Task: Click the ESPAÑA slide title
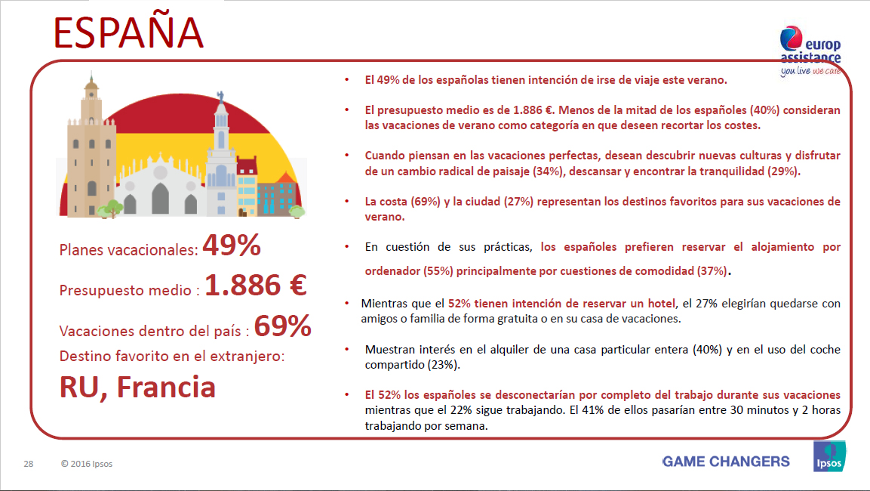pyautogui.click(x=129, y=34)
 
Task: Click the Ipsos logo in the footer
pyautogui.click(x=828, y=457)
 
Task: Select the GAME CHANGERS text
pyautogui.click(x=726, y=462)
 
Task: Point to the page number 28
pyautogui.click(x=28, y=463)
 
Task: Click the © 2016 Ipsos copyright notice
pyautogui.click(x=87, y=463)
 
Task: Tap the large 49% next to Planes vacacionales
pyautogui.click(x=232, y=246)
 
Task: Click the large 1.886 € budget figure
pyautogui.click(x=255, y=286)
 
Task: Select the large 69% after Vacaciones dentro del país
pyautogui.click(x=282, y=326)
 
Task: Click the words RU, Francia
pyautogui.click(x=137, y=387)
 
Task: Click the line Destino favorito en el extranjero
pyautogui.click(x=172, y=354)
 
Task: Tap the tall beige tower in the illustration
pyautogui.click(x=91, y=144)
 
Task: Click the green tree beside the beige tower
pyautogui.click(x=112, y=207)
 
